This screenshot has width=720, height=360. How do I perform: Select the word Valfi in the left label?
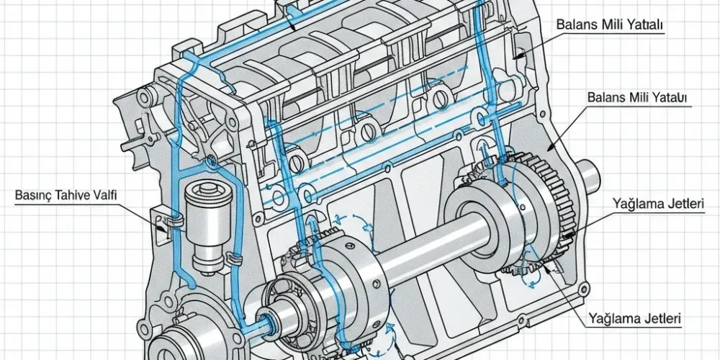pos(105,194)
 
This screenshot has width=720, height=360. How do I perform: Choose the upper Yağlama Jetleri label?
pos(658,204)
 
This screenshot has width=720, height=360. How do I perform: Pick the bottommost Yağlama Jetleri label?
pos(634,318)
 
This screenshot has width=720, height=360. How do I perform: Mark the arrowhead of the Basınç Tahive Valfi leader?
pos(161,228)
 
